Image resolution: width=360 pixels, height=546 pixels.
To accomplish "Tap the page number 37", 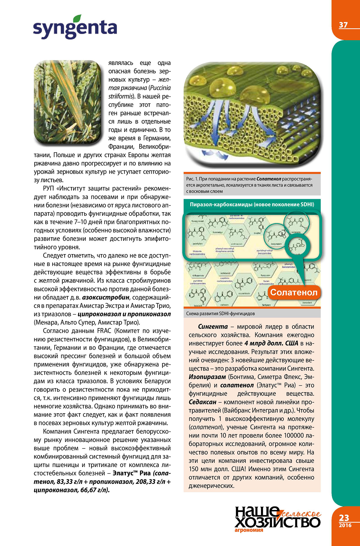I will point(343,25).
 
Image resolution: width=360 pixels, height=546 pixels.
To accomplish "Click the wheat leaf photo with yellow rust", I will point(67,102).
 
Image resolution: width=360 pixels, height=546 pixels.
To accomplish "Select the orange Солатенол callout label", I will point(294,292).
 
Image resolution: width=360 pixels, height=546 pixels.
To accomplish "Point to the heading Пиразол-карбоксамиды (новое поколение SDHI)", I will point(252,204).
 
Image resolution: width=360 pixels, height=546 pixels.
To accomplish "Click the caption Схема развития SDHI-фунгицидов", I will point(220,313).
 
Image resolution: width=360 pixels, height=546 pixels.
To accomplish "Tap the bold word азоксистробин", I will point(106,297).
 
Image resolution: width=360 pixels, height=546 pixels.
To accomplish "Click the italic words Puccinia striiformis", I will point(140,92).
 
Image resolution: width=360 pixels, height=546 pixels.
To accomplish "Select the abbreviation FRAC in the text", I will point(104,331).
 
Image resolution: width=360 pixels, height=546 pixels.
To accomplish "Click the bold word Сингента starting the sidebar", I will point(213,327).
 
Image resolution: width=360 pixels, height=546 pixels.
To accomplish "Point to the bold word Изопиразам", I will point(207,377).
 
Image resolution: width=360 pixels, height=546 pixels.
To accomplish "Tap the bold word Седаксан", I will point(202,402).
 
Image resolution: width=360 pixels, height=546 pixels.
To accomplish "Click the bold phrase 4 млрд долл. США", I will point(271,343).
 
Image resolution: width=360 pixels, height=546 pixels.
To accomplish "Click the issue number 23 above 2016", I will point(344,518).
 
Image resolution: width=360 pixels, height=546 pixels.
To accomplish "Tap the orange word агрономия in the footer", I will point(249,530).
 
